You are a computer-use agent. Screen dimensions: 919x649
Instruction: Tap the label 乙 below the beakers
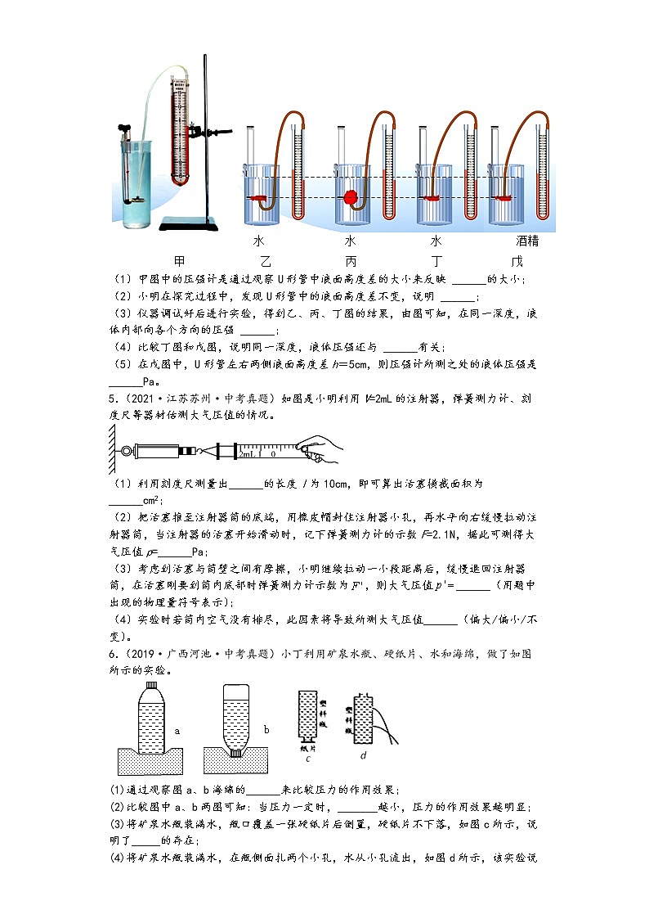click(x=264, y=261)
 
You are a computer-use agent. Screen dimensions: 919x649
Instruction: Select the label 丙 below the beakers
click(x=351, y=261)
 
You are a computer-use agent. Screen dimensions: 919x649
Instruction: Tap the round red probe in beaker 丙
click(x=351, y=198)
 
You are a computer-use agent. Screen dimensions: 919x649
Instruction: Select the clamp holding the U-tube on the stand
click(x=198, y=130)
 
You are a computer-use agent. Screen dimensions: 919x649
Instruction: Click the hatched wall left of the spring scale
click(x=112, y=451)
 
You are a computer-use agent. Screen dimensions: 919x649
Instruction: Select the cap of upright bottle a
click(x=150, y=684)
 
